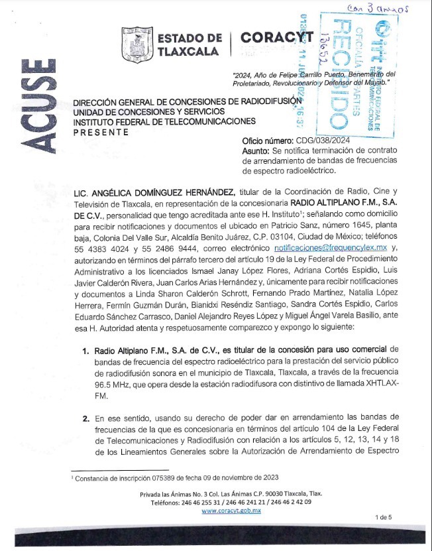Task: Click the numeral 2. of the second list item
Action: tap(86, 419)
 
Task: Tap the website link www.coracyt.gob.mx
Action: tap(231, 511)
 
